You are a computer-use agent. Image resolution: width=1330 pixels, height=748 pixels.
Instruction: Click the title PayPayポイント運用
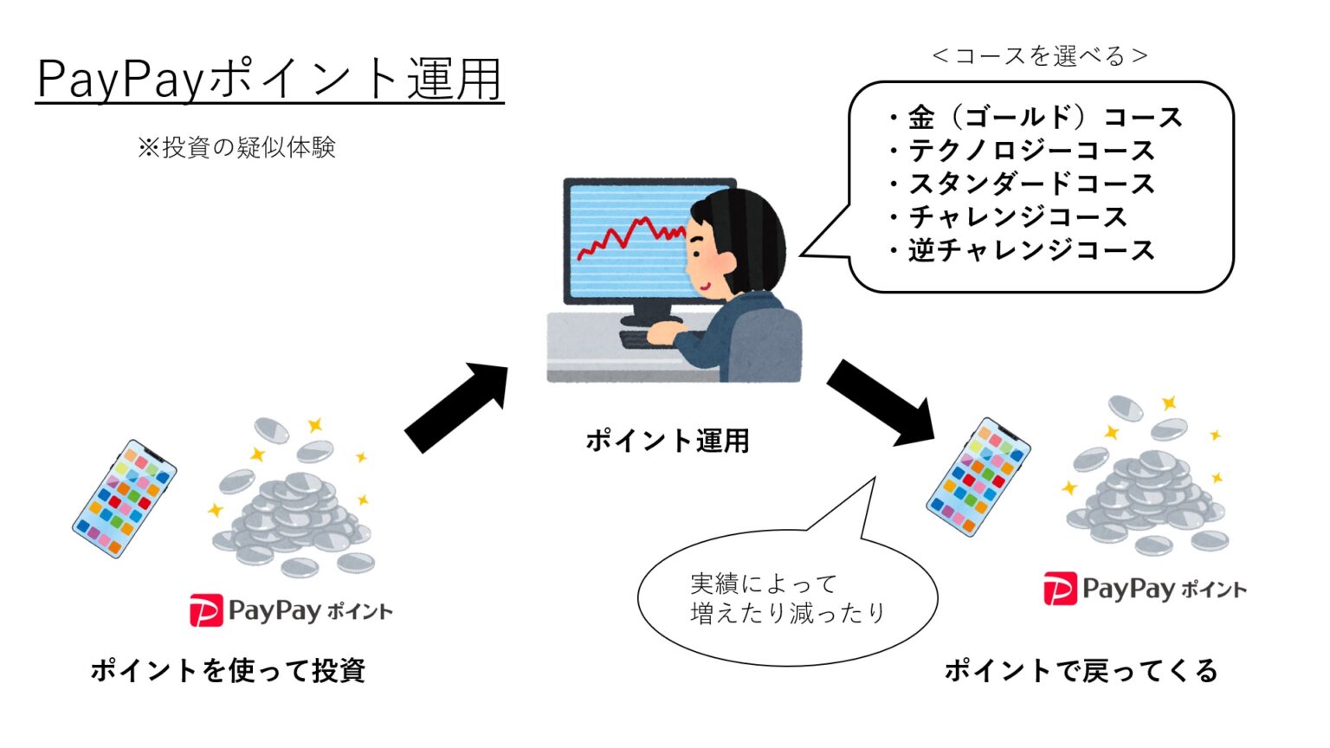269,80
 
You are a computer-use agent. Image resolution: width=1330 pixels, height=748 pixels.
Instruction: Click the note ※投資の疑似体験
236,148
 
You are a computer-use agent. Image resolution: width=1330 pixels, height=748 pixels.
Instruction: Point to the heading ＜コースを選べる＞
1039,56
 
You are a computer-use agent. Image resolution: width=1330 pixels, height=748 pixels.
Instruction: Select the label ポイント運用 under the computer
668,441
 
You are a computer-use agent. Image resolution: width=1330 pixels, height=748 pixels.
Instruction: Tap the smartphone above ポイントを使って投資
124,499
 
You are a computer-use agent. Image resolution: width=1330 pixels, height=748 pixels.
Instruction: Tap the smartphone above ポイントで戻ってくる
978,477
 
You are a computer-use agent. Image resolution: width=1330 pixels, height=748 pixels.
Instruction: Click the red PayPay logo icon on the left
206,611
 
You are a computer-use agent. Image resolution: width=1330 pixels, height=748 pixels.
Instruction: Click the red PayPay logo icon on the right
1060,590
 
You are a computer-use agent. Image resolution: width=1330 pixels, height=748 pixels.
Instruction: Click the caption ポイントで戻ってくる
1081,671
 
